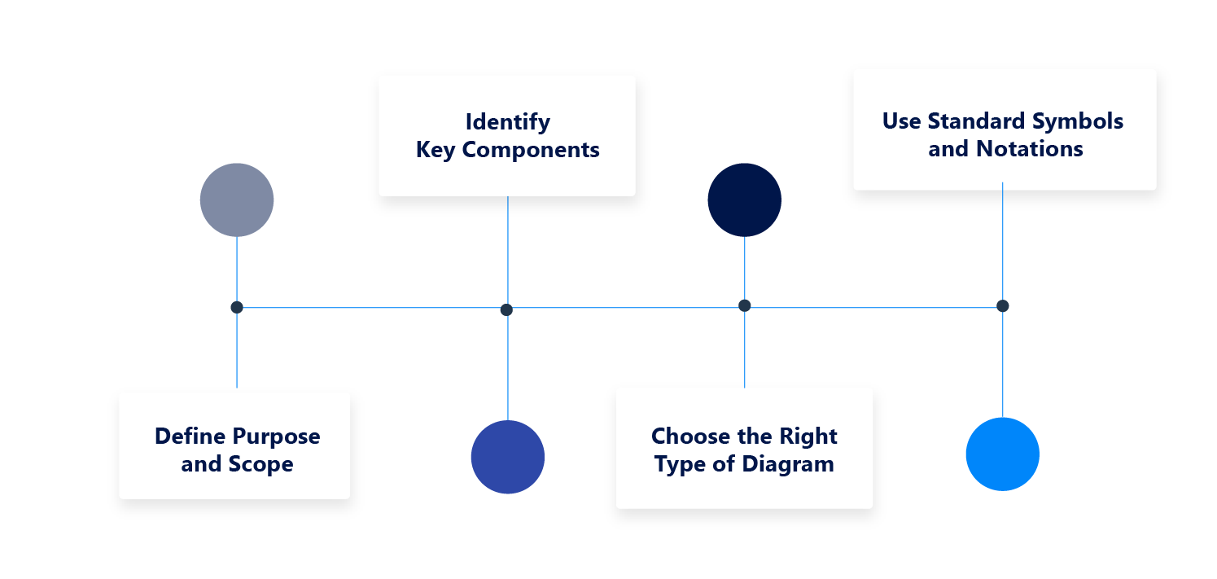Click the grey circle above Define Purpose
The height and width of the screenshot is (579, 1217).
coord(237,200)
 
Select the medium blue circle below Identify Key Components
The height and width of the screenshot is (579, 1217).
coord(508,457)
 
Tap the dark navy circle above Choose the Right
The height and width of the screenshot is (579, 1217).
coord(744,200)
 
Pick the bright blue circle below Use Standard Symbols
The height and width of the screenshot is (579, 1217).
coord(1002,454)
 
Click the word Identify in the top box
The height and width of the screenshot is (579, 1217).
coord(507,122)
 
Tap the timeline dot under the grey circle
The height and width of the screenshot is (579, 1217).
coord(237,307)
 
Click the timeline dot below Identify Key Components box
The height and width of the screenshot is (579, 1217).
coord(506,309)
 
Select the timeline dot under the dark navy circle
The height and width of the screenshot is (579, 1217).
coord(744,305)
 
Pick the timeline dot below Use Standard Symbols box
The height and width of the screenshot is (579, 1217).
coord(1002,305)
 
